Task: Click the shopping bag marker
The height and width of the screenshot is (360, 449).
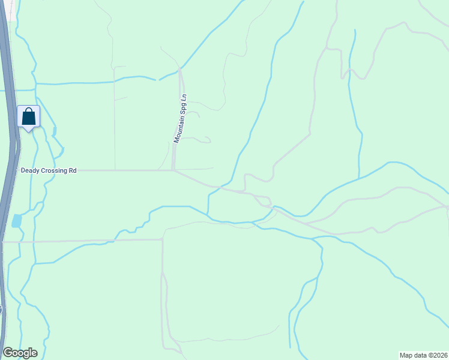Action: pyautogui.click(x=28, y=116)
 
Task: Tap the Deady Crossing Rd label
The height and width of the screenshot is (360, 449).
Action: pyautogui.click(x=49, y=170)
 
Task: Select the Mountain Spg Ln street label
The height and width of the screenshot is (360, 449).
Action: pyautogui.click(x=181, y=118)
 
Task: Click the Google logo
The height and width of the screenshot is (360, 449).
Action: pyautogui.click(x=20, y=353)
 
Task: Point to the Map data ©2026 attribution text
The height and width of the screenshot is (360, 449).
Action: pyautogui.click(x=423, y=355)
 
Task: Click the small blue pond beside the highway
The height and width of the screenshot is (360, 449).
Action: pyautogui.click(x=16, y=220)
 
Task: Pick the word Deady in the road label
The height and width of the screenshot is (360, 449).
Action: pyautogui.click(x=30, y=170)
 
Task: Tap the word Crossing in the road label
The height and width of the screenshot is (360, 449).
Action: pyautogui.click(x=55, y=170)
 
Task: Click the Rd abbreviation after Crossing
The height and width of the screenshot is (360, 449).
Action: pyautogui.click(x=73, y=170)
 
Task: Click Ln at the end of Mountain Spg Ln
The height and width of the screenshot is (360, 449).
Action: pyautogui.click(x=184, y=97)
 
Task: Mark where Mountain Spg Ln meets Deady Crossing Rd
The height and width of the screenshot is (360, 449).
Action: pyautogui.click(x=174, y=170)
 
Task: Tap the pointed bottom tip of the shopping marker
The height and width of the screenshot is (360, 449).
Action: pyautogui.click(x=28, y=130)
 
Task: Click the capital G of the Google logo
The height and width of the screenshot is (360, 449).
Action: pyautogui.click(x=8, y=353)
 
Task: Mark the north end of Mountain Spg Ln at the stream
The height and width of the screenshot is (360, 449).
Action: pyautogui.click(x=180, y=70)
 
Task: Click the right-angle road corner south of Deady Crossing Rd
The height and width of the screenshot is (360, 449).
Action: pyautogui.click(x=163, y=240)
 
